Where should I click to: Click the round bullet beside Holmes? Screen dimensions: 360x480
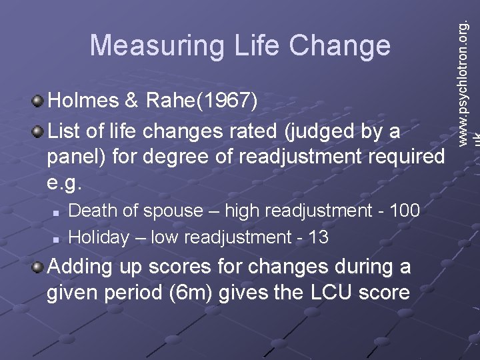(39, 101)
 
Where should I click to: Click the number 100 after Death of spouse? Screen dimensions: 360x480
(404, 211)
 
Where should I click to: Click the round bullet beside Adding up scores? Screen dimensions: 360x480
(39, 267)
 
